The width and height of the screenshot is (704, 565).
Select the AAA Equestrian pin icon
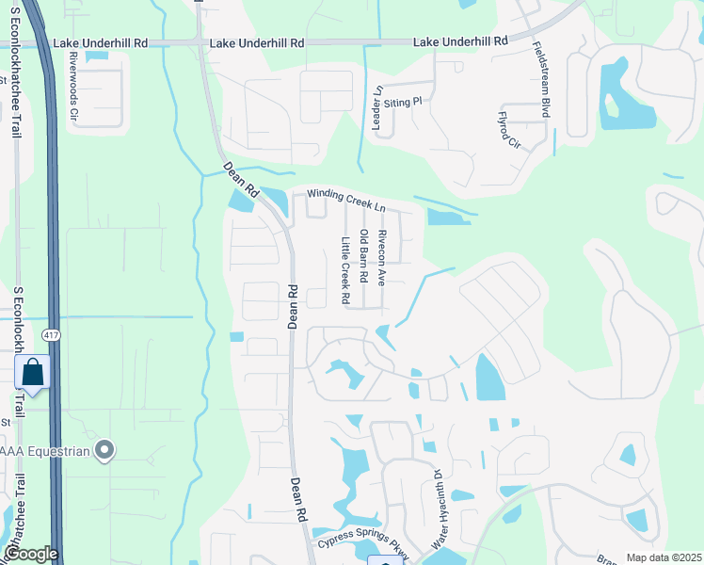pos(105,451)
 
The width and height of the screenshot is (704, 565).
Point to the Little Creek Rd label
pos(345,269)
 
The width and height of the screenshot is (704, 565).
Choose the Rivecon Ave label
pos(381,258)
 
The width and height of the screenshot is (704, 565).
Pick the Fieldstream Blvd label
pos(541,79)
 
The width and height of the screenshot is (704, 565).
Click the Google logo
pos(31,554)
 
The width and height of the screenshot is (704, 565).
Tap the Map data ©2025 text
pos(664,557)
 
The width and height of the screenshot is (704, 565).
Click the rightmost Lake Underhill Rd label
pos(461,42)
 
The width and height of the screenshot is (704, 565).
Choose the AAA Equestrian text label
pos(44,452)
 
